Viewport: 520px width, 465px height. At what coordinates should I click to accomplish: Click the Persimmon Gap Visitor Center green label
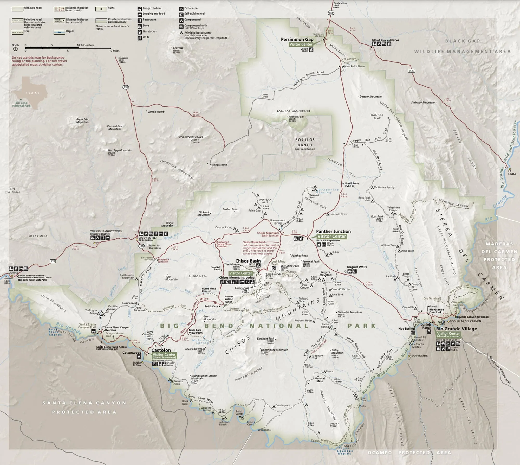click(301, 44)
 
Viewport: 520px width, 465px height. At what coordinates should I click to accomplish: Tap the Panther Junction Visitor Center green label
click(332, 236)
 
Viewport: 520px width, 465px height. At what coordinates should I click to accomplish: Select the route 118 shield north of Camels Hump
click(126, 87)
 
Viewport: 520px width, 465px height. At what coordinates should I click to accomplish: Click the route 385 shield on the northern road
click(331, 12)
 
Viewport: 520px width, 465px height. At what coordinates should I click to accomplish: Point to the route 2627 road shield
click(411, 71)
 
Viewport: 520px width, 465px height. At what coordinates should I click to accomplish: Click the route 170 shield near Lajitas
click(53, 261)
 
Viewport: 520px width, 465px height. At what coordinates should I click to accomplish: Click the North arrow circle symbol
click(15, 49)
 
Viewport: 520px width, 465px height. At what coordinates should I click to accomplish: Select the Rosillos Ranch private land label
click(305, 144)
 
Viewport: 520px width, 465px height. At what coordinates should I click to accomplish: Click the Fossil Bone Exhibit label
click(352, 184)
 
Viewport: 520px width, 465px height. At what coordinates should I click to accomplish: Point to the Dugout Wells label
click(356, 267)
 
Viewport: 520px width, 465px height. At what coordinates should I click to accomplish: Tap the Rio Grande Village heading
click(456, 329)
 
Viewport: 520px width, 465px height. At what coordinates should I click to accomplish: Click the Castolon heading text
click(161, 350)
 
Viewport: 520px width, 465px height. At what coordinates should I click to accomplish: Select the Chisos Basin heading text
click(248, 261)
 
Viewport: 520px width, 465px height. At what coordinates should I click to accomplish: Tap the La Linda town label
click(512, 173)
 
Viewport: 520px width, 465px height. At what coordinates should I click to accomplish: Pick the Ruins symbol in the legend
click(101, 9)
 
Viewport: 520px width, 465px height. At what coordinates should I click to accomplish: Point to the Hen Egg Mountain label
click(120, 150)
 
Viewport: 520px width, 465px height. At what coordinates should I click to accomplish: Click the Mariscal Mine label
click(320, 380)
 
